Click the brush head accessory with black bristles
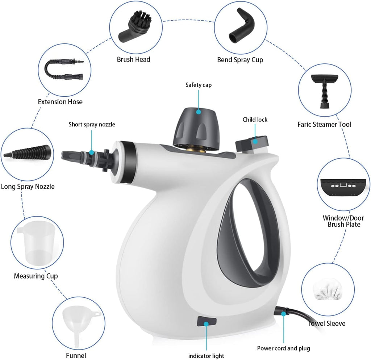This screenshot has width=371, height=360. [133, 28]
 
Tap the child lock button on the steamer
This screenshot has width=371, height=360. [251, 143]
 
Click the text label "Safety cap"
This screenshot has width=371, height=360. [199, 85]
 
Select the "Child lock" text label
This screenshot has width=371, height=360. [255, 119]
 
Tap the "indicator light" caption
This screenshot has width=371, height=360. [206, 356]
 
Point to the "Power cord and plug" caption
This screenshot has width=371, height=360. [284, 348]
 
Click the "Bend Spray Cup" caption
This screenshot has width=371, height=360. [240, 59]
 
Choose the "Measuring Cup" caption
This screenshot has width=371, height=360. [36, 276]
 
